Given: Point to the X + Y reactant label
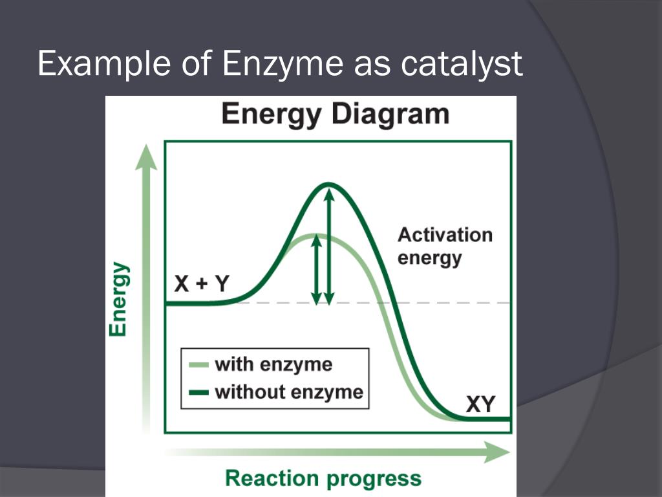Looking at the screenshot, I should [x=201, y=283].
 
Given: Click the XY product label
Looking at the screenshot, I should [x=480, y=404].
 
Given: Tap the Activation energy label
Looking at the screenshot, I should [x=445, y=246].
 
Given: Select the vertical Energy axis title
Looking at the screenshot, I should [x=118, y=299].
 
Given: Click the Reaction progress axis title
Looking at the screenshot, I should [x=323, y=479].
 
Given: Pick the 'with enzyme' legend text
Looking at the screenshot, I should [x=273, y=364].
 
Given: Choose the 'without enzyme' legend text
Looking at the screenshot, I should [x=288, y=392].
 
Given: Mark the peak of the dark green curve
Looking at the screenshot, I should [x=329, y=184].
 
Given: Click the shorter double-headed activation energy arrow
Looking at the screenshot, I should [x=316, y=269].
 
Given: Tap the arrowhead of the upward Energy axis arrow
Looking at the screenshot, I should [x=146, y=157].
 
